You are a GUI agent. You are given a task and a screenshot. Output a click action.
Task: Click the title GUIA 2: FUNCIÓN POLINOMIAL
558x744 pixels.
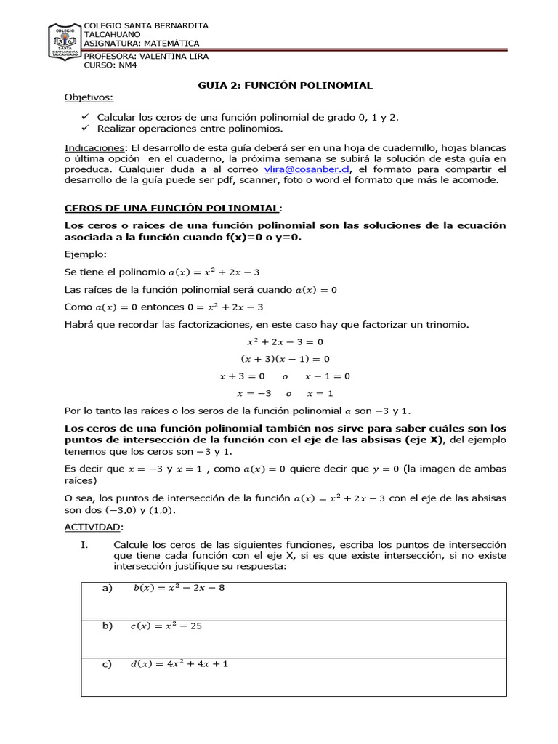point(286,85)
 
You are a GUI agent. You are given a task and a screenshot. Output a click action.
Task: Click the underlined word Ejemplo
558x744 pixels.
point(84,254)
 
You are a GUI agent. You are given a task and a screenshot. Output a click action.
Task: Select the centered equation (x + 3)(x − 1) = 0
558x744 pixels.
point(285,359)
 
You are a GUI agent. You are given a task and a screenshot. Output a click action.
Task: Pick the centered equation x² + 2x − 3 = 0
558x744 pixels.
point(285,341)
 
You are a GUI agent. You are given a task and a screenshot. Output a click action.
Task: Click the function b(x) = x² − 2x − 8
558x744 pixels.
point(179,588)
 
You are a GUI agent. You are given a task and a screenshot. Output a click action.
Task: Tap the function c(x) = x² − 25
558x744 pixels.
point(167,626)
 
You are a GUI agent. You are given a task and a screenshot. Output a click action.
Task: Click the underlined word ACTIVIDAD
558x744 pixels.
point(94,526)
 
